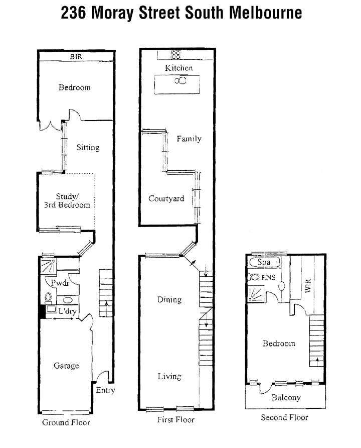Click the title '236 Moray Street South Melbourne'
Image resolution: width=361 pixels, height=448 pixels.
click(182, 13)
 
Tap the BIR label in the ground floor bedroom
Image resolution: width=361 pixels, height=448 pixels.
click(76, 57)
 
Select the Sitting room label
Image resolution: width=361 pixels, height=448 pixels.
click(88, 148)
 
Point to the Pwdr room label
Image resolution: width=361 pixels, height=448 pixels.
click(56, 283)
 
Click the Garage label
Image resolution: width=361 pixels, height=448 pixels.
click(66, 366)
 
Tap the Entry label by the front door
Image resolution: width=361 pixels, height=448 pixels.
click(105, 390)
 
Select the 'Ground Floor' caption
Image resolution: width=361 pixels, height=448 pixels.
click(66, 422)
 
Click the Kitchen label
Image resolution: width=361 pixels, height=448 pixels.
click(178, 68)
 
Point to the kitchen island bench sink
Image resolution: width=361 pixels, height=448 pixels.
click(180, 81)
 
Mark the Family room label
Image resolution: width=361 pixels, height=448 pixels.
click(189, 139)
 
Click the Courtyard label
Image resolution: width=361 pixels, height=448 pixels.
click(166, 198)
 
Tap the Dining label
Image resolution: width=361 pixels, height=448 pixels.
click(169, 300)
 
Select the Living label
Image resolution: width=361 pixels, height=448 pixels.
click(169, 376)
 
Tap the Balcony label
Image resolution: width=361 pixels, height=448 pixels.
click(286, 398)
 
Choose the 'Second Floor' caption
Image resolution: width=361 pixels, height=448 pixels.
click(284, 417)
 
